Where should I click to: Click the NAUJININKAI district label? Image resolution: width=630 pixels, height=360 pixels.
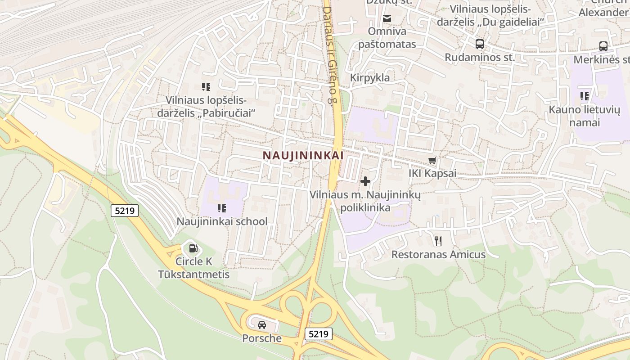click(x=303, y=155)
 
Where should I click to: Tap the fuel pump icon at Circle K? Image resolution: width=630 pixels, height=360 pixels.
click(x=193, y=248)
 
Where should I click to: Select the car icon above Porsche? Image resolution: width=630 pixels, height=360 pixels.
click(x=261, y=324)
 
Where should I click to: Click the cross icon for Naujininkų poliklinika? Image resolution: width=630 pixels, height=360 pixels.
click(x=365, y=181)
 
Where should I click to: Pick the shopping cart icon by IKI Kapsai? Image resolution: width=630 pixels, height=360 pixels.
click(x=432, y=160)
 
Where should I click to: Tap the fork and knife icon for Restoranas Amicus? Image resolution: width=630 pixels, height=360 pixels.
click(x=438, y=241)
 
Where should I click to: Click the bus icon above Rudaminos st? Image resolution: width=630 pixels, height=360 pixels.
click(x=480, y=44)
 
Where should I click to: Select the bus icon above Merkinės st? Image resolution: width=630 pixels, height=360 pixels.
click(x=603, y=46)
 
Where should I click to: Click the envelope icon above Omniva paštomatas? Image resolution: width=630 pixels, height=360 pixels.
click(x=387, y=18)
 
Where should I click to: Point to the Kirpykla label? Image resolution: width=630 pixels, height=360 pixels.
click(x=370, y=78)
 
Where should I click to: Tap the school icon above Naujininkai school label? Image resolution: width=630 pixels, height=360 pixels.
click(x=221, y=208)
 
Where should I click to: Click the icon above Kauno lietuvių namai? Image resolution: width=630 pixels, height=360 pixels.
click(x=585, y=96)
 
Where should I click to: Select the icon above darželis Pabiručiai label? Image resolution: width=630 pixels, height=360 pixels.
click(x=206, y=86)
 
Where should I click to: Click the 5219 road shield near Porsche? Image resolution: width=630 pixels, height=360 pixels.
click(x=319, y=334)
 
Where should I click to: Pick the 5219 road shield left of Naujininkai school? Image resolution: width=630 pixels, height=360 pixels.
click(x=125, y=210)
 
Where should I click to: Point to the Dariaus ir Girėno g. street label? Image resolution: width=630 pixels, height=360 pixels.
click(x=330, y=54)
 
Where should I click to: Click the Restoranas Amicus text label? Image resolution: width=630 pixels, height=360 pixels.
click(x=438, y=255)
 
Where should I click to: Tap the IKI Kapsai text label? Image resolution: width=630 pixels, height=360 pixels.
click(x=432, y=173)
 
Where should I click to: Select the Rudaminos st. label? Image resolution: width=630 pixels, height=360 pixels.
click(x=480, y=57)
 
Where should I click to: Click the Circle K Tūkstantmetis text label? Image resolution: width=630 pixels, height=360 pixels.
click(x=193, y=268)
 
